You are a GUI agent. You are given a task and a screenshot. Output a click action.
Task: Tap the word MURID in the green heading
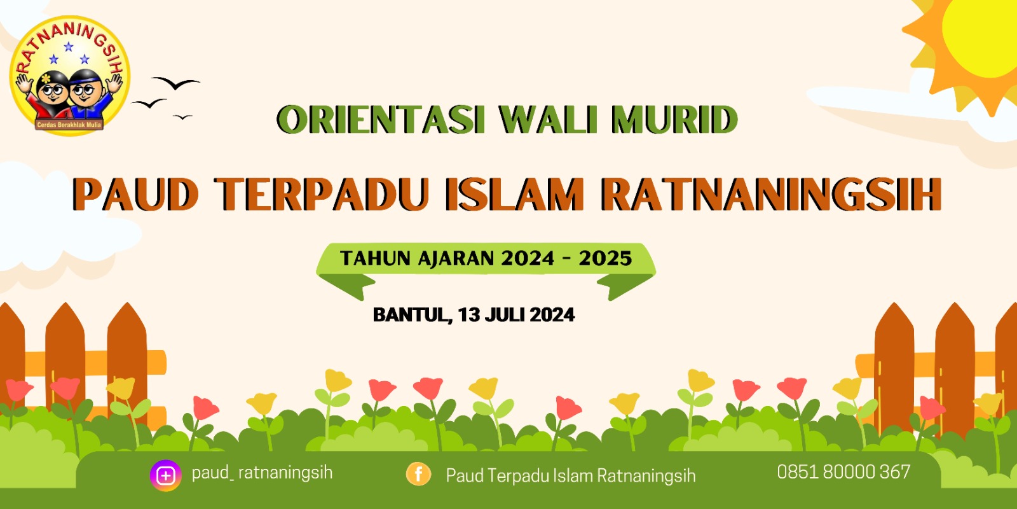[674, 120]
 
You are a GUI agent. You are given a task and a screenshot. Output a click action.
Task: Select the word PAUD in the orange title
[136, 195]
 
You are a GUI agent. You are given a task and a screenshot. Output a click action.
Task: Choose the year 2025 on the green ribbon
[605, 258]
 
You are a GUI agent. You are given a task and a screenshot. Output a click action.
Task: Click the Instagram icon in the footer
[166, 475]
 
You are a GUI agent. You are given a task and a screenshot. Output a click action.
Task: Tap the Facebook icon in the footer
[418, 474]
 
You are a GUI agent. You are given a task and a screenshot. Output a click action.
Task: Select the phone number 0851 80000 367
[843, 472]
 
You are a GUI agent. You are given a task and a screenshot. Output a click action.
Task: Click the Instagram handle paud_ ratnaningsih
[262, 473]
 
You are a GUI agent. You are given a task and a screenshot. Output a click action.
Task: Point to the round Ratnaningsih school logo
[69, 76]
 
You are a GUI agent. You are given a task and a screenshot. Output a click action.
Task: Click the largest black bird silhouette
[175, 83]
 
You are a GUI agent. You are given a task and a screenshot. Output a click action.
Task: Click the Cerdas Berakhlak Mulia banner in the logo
[69, 125]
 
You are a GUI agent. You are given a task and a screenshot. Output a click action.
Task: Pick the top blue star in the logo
[69, 46]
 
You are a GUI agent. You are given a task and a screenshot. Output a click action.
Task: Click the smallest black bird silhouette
[182, 117]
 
